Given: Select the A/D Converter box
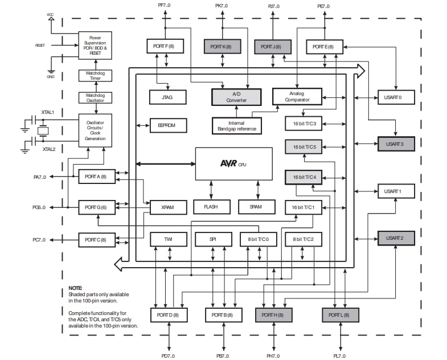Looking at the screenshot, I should [236, 97].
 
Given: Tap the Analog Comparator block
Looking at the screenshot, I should [297, 96].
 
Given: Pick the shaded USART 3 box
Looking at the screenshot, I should [396, 144].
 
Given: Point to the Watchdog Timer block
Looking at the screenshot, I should [95, 76].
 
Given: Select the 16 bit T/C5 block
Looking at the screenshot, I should [304, 147].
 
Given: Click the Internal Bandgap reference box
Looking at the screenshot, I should [236, 125].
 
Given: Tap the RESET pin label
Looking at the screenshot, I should [40, 44].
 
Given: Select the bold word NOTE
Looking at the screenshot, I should [76, 288].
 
